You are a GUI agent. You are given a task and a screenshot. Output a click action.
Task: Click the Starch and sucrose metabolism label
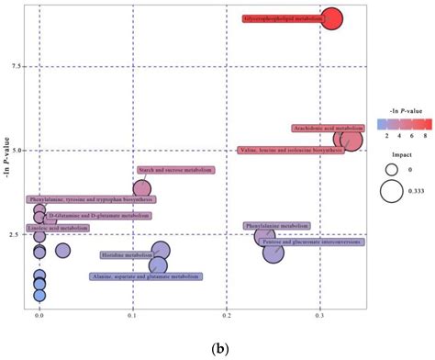tap(175, 170)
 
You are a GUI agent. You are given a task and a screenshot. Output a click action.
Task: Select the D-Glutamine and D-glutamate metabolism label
tap(99, 216)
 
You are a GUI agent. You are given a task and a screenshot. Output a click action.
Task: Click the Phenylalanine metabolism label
tap(276, 225)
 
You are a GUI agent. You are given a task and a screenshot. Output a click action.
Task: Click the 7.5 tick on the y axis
tap(16, 66)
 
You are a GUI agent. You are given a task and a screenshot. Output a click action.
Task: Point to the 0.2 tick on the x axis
tap(227, 315)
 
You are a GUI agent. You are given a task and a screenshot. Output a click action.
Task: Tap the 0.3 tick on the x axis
tap(319, 315)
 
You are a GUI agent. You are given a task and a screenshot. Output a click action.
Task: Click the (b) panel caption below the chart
tap(220, 350)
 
